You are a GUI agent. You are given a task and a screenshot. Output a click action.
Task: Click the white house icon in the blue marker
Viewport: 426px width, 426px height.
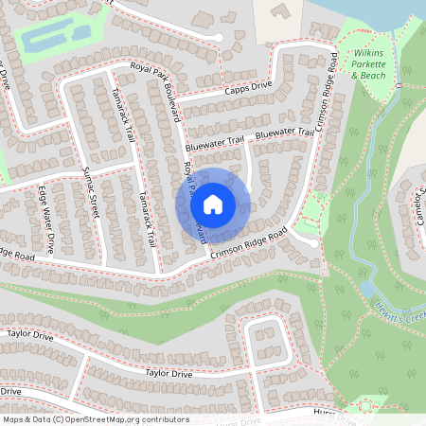pos(213,204)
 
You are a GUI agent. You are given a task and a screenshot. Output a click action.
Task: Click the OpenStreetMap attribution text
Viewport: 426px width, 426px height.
pos(95,418)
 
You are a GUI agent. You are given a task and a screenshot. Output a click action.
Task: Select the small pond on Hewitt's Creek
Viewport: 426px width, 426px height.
pos(367,289)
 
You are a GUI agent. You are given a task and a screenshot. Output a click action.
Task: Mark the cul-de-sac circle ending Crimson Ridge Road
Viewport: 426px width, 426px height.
pos(313,242)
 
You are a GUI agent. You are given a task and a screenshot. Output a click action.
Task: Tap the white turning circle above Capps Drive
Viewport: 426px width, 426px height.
pos(219,37)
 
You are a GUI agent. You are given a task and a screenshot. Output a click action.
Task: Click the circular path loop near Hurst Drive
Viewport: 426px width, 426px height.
pos(365,407)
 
